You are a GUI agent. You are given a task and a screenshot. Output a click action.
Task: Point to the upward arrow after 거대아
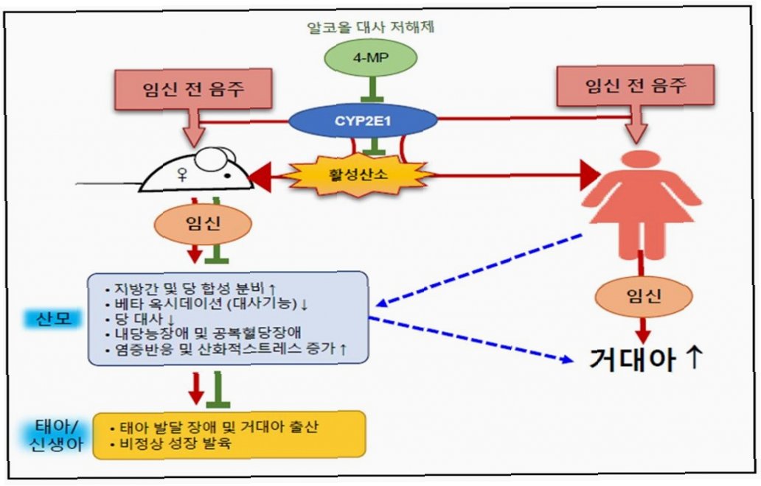click(694, 359)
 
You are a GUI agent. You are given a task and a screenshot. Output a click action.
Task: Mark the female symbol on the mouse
click(178, 175)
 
